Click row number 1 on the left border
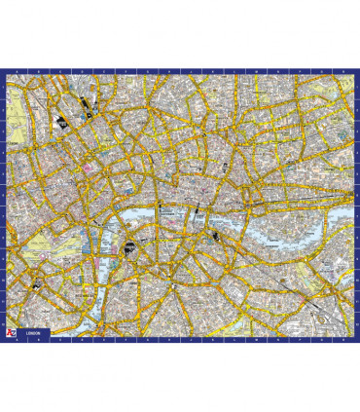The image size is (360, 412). [x=5, y=88]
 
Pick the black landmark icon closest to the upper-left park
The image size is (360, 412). [x=61, y=122]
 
